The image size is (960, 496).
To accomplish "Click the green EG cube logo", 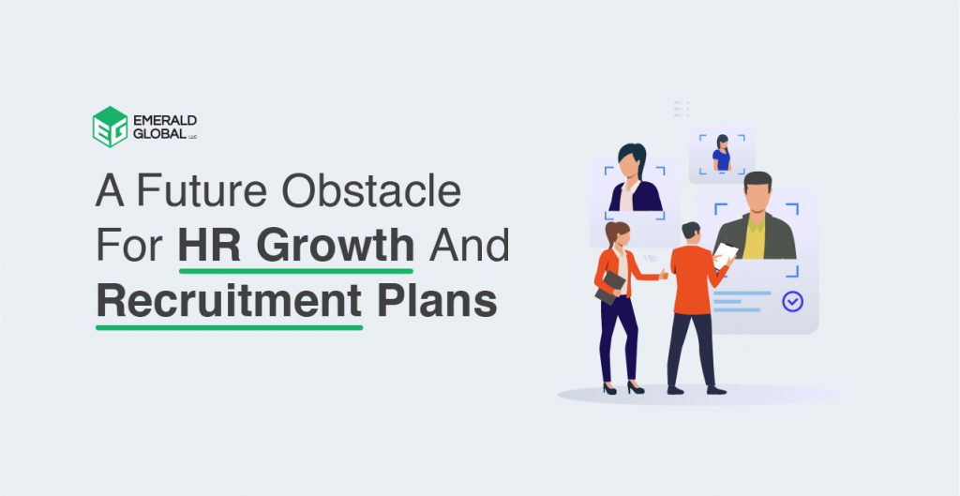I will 110,127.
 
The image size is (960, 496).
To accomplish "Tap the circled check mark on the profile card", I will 792,302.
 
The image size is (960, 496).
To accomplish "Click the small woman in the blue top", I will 721,154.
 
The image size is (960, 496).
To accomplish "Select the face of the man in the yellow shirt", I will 757,199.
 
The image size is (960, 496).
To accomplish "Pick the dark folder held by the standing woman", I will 610,286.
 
